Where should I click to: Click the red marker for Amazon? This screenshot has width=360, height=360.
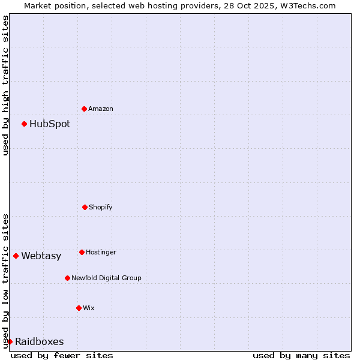85,109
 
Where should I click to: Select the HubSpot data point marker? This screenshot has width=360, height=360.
25,124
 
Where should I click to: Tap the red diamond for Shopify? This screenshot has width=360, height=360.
85,207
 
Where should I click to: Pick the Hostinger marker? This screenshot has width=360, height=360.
82,252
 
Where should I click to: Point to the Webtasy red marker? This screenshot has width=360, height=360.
16,256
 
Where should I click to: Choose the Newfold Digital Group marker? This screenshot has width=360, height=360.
67,278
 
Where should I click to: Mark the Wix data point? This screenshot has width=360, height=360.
79,308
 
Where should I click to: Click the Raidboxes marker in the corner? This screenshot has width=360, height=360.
10,341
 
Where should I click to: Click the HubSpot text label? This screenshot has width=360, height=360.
50,124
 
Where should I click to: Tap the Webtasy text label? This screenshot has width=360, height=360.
41,256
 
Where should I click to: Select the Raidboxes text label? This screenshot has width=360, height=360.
39,342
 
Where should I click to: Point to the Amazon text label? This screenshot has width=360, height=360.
101,109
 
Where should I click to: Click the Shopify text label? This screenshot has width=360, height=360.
101,208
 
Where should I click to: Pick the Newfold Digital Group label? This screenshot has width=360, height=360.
106,278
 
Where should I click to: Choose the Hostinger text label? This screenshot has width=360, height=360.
101,253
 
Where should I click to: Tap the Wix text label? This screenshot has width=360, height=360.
89,308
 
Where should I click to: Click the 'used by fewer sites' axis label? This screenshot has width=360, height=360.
62,355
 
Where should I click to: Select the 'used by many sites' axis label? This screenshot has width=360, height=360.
301,355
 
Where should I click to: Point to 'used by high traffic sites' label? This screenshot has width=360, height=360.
5,85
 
